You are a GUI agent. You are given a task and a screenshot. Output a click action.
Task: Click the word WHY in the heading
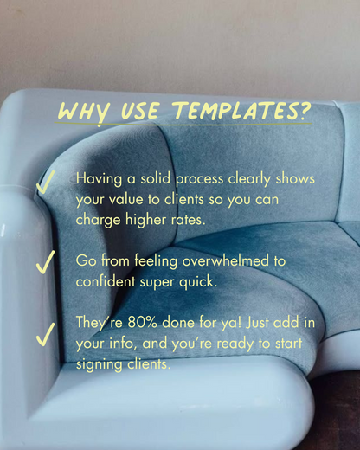(x=84, y=112)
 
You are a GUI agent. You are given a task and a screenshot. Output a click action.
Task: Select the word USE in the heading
(x=140, y=111)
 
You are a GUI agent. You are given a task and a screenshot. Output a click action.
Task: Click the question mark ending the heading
(x=305, y=111)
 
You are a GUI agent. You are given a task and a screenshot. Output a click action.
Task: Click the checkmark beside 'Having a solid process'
(x=45, y=182)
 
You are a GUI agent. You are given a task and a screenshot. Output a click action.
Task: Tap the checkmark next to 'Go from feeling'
(x=45, y=262)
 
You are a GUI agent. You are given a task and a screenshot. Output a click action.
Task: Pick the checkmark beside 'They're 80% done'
(x=45, y=334)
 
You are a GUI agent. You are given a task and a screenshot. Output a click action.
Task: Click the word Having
(x=99, y=179)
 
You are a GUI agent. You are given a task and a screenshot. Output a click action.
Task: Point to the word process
(x=199, y=180)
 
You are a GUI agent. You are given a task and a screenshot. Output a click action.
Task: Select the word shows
(x=295, y=178)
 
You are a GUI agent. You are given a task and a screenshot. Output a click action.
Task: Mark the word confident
(x=106, y=281)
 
